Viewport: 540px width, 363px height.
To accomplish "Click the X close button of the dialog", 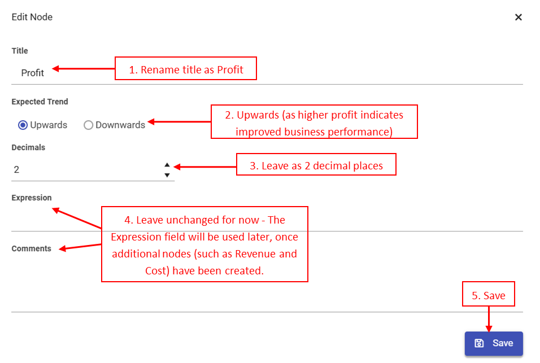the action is tap(518, 17).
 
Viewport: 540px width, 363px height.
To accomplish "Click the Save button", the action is tap(494, 343).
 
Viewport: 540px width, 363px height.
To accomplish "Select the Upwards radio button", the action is tap(23, 125).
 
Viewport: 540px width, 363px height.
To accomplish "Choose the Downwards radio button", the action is tap(88, 125).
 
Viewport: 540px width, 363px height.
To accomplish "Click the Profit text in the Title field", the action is tap(33, 73).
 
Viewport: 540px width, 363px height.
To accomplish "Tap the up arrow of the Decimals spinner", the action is tap(167, 165).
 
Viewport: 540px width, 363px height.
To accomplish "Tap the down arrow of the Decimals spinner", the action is tap(167, 175).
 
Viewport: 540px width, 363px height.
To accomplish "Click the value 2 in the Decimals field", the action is tap(17, 169).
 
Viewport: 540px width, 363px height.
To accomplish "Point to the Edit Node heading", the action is tap(32, 17).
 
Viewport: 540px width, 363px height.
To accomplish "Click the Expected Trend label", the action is tap(40, 102).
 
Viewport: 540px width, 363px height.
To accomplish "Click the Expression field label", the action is tap(32, 198).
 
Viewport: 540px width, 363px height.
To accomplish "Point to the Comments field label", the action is tap(31, 248).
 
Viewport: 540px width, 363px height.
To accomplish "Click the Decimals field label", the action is tap(28, 147).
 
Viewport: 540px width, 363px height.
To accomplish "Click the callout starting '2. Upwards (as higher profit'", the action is tap(314, 121).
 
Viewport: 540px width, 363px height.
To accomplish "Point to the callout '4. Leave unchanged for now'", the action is tap(204, 244).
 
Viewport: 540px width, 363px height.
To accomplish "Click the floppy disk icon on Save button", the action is tap(479, 343).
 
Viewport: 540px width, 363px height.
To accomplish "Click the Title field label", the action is tap(20, 51).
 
